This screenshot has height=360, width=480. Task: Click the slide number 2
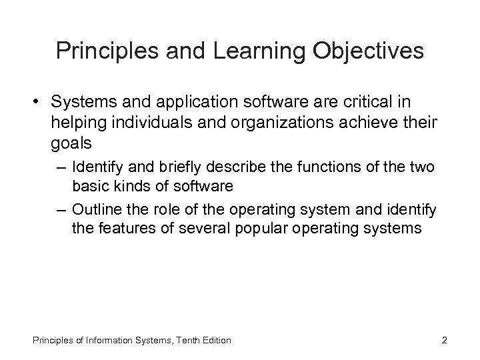pos(444,340)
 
